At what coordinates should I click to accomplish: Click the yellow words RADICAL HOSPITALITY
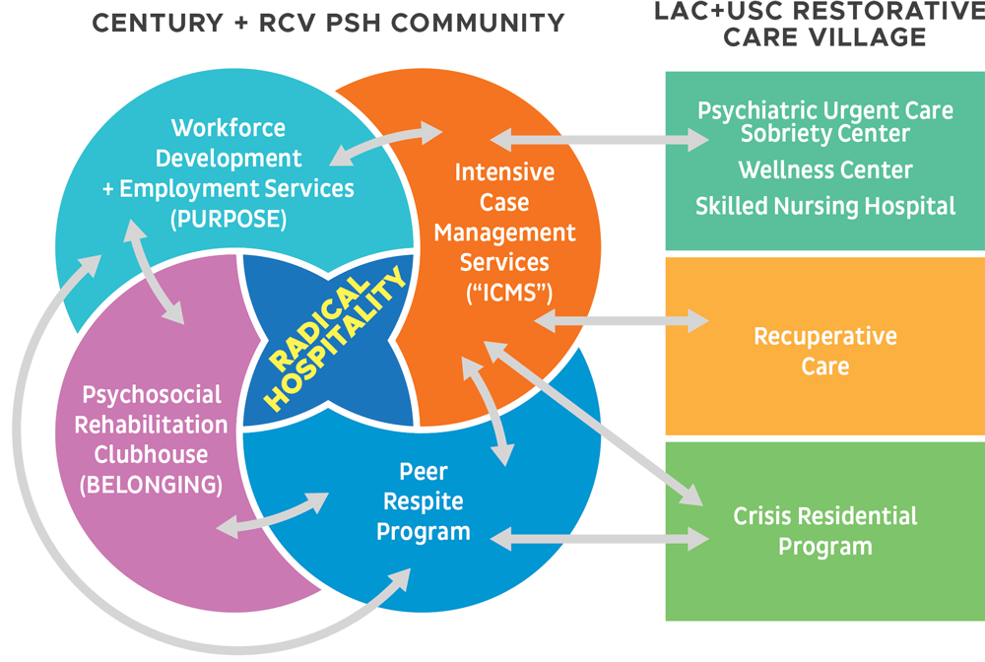coord(336,339)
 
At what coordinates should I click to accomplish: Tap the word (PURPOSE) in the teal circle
coord(229,220)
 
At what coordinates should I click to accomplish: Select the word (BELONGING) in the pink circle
coord(151,485)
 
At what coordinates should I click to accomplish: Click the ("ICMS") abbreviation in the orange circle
coord(509,293)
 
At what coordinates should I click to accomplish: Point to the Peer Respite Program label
coord(424,501)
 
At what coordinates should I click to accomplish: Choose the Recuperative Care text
coord(825,351)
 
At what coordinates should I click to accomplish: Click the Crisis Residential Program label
coord(825,531)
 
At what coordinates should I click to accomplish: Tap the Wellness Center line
coord(825,170)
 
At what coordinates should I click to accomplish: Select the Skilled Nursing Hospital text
coord(825,207)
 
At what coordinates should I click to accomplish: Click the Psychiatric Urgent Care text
coord(825,110)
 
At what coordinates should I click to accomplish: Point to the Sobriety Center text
coord(825,133)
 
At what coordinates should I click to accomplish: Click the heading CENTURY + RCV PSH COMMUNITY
coord(329,24)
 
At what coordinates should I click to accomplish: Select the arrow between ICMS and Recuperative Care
coord(622,321)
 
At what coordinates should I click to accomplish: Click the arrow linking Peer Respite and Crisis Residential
coord(599,539)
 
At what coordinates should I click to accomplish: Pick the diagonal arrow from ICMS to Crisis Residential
coord(593,423)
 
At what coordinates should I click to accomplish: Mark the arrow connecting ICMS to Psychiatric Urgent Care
coord(599,140)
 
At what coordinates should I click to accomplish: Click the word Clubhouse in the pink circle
coord(151,455)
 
